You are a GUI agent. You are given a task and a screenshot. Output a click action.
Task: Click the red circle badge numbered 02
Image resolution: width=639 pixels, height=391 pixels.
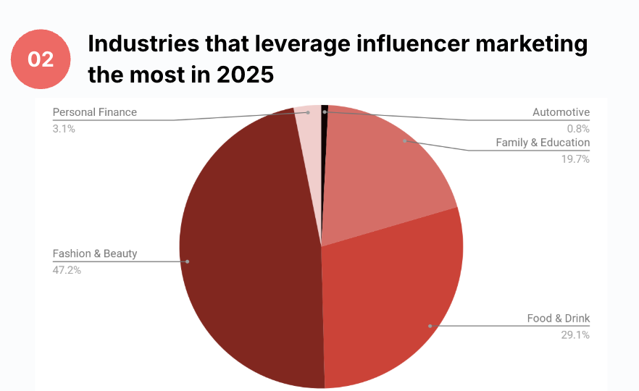41,59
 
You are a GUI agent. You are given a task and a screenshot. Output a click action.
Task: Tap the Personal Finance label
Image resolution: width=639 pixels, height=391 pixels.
95,112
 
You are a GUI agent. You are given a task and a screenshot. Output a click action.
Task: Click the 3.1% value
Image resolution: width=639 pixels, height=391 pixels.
64,128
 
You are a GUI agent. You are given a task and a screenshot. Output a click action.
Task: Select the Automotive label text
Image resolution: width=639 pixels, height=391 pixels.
561,112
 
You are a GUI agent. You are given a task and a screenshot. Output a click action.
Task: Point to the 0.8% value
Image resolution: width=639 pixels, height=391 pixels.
578,128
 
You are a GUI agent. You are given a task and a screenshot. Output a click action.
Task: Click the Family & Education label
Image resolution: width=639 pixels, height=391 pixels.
543,143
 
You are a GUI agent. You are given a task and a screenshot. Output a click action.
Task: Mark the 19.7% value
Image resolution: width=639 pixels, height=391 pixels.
576,159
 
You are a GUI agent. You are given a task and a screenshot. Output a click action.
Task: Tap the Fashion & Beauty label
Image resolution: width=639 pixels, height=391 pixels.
95,254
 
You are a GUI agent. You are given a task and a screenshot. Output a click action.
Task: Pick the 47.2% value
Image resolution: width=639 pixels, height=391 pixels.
67,270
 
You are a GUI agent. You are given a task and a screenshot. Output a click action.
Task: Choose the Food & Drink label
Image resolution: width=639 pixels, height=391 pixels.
558,319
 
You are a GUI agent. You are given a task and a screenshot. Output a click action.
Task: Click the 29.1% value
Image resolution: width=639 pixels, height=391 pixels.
576,335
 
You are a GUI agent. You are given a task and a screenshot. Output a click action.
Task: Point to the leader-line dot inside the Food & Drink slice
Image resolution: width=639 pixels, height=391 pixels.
430,326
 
